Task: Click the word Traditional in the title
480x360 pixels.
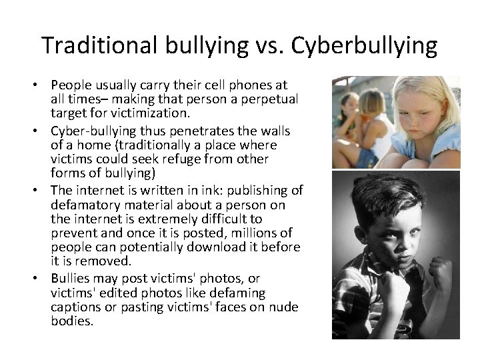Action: click(99, 45)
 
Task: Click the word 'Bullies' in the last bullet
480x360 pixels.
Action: click(71, 279)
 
